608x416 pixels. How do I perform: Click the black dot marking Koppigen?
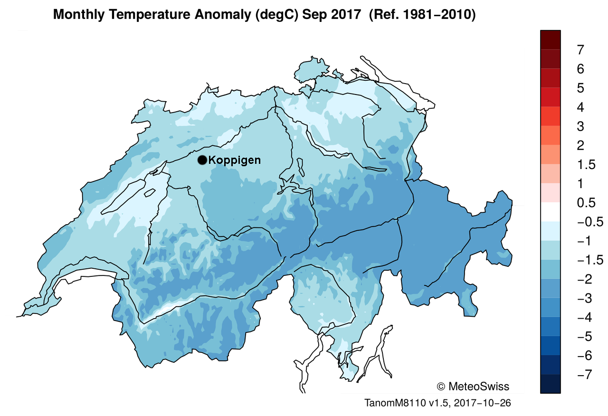[202, 160]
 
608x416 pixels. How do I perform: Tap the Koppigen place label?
[235, 160]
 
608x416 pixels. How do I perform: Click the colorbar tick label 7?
[580, 49]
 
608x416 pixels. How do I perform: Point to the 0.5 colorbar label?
[585, 203]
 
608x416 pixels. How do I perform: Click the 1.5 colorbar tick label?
[585, 165]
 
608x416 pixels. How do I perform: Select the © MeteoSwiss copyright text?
[472, 386]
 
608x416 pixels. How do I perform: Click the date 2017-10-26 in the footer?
[483, 403]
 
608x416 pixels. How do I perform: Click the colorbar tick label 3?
[580, 126]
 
